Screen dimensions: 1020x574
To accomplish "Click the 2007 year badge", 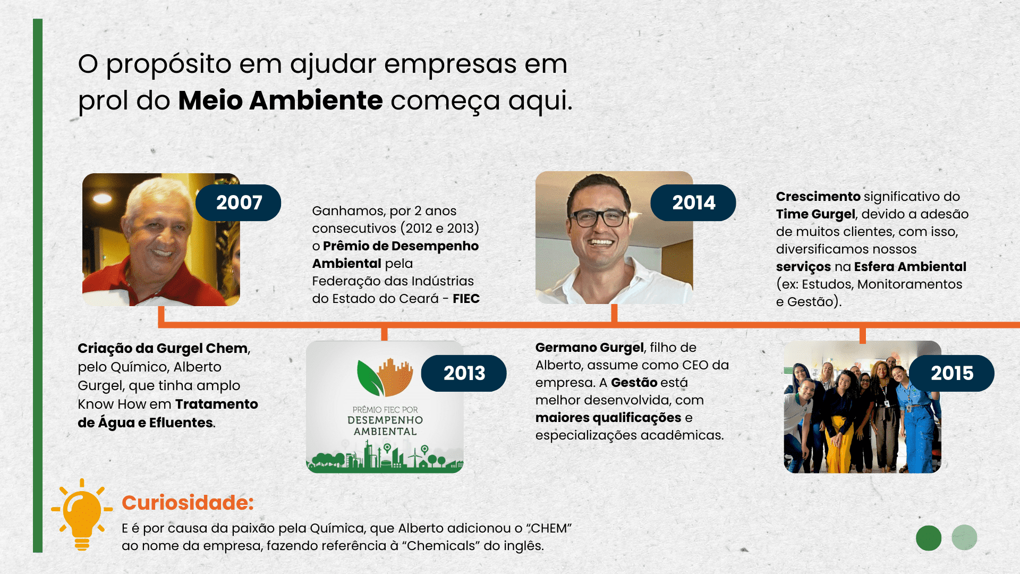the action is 239,202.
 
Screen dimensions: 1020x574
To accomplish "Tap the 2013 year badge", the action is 464,373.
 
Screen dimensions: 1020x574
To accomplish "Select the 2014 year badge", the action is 693,202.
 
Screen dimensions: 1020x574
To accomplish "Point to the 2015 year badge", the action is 952,373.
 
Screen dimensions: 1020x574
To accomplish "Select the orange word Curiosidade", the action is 188,502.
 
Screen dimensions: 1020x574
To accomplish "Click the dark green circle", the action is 929,538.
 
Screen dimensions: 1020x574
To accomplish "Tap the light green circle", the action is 964,537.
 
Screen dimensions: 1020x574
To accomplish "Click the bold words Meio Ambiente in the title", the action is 280,100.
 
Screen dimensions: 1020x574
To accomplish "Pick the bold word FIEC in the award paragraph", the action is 466,299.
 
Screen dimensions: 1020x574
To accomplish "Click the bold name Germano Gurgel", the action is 590,348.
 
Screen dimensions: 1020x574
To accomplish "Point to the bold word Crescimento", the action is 818,197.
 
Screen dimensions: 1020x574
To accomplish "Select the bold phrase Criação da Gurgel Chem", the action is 163,348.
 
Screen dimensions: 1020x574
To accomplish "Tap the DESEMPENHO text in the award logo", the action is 385,420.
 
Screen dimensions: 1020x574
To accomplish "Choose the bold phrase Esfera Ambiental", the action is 910,267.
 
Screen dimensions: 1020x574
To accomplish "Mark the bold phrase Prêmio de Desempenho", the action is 401,246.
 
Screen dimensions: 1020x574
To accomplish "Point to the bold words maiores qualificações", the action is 608,418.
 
